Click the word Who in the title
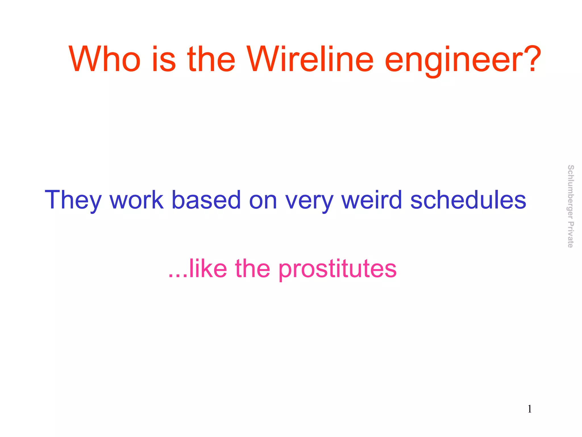coord(105,60)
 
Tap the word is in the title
coord(164,60)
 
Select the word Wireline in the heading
coord(310,60)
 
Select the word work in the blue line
coord(137,200)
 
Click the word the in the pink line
coord(253,269)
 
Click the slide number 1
coord(530,409)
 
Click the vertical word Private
coord(570,235)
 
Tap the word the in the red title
coord(211,60)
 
